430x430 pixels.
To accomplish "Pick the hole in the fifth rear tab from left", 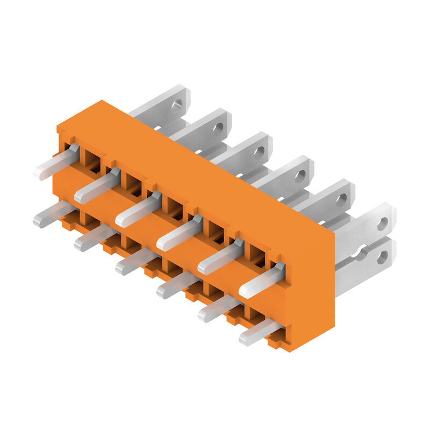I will pos(341,199).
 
